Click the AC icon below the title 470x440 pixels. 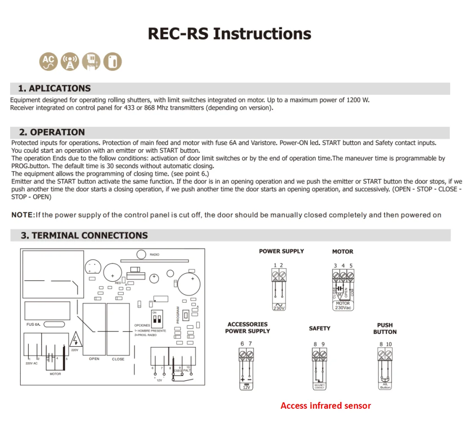(x=49, y=62)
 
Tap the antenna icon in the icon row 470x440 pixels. (x=70, y=62)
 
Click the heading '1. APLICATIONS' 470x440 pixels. (x=55, y=88)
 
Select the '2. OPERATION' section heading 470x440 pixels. (x=52, y=132)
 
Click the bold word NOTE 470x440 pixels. (x=22, y=215)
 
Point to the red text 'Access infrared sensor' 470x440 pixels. (x=325, y=406)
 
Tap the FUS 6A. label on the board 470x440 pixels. (x=33, y=324)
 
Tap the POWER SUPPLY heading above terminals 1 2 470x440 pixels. (x=281, y=251)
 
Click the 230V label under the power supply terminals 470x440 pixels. (x=279, y=308)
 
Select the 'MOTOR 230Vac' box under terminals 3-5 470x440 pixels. (x=343, y=305)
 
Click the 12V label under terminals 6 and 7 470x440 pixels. (x=246, y=387)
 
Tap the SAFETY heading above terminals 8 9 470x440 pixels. (x=320, y=328)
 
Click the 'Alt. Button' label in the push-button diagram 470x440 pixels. (x=385, y=386)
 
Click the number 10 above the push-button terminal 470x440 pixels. (x=389, y=344)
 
